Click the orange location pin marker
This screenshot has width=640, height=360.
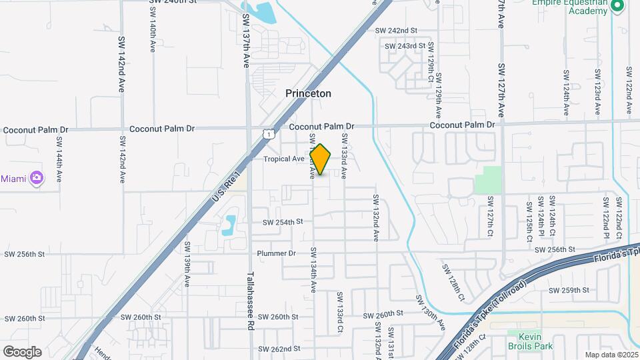coord(321,159)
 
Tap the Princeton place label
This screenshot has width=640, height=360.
coord(308,94)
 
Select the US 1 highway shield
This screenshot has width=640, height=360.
coord(267,134)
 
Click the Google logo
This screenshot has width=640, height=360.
coord(22,351)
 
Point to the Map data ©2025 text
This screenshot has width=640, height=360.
coord(611,355)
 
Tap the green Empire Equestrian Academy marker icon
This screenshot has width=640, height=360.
coord(617,6)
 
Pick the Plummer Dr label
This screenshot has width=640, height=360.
coord(276,253)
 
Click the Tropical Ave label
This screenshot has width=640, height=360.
coord(284,159)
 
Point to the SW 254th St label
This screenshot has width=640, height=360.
coord(283,221)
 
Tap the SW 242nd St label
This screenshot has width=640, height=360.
coord(396,31)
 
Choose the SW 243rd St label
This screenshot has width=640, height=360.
coord(405,46)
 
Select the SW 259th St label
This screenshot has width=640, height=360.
coord(569,290)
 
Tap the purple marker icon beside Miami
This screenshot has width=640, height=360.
coord(36,178)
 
